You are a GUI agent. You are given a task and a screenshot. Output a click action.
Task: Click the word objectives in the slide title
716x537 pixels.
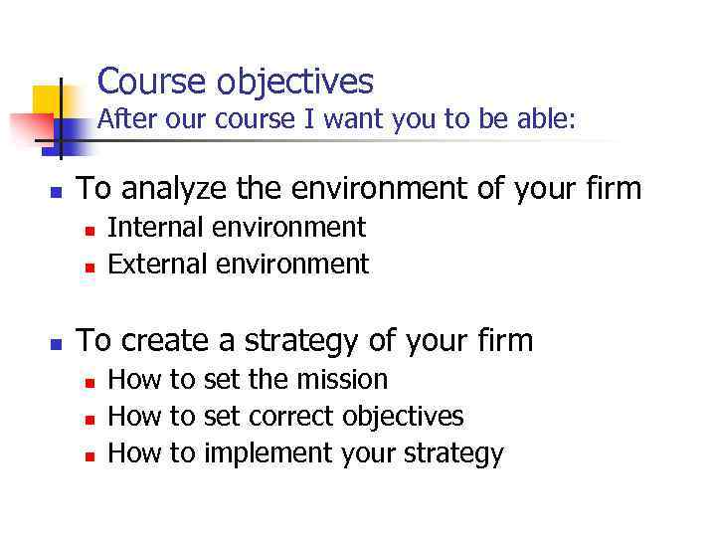[x=288, y=82]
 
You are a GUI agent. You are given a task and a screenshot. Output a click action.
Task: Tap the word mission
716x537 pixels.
[x=338, y=379]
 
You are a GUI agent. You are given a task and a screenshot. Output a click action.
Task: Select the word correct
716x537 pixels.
[x=292, y=416]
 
